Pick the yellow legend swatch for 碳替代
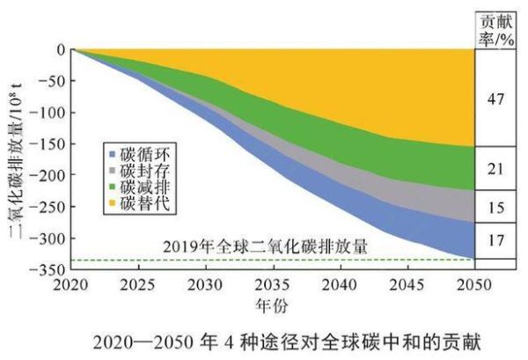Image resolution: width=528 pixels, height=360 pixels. [109, 204]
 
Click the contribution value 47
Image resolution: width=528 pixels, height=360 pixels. [495, 99]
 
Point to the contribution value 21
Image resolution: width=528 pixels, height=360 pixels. [495, 168]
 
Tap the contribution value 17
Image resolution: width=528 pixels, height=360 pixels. [495, 239]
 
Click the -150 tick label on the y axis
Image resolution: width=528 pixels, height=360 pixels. [47, 144]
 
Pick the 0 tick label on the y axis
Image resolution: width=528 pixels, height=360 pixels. [60, 50]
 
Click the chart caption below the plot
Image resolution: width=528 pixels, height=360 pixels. [264, 339]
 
